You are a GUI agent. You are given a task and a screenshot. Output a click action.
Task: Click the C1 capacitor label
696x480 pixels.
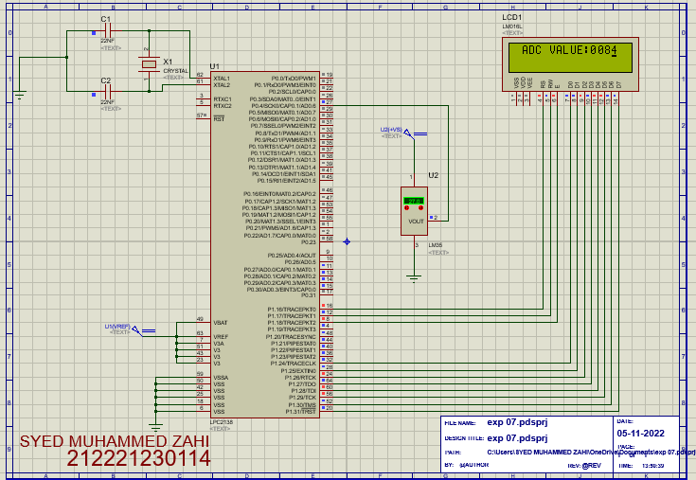pos(106,19)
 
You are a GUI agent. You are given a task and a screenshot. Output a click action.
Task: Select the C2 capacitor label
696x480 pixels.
pos(106,80)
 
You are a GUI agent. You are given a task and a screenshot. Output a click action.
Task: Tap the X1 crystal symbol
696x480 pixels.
pos(149,63)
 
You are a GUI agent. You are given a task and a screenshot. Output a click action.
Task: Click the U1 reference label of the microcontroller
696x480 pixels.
pos(214,67)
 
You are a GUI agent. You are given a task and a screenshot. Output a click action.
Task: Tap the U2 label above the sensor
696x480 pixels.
pos(433,175)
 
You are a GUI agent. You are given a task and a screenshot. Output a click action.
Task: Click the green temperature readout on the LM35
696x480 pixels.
pos(413,201)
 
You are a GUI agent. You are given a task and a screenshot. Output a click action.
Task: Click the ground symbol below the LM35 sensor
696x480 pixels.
pos(413,277)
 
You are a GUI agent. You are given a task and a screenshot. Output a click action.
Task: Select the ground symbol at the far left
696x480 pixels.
pos(19,93)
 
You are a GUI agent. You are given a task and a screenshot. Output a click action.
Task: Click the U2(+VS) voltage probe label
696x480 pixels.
pos(391,129)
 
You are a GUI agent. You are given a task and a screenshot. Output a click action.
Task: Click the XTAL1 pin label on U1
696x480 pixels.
pos(222,78)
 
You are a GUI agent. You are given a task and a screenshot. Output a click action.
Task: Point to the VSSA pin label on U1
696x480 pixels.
pos(221,377)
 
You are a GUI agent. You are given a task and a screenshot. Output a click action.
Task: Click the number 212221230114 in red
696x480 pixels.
pos(138,459)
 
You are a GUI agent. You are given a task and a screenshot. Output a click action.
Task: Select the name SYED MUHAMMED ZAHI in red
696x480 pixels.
pos(115,442)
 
